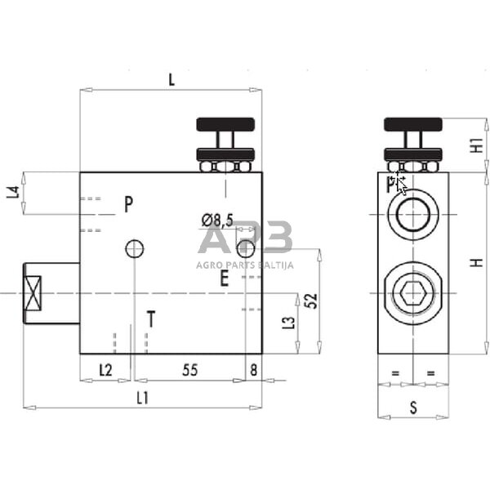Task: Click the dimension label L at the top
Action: (171, 79)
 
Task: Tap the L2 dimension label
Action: (105, 370)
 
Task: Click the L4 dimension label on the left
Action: (12, 193)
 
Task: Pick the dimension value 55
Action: (189, 370)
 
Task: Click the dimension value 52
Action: (310, 300)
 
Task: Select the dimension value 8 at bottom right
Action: (253, 370)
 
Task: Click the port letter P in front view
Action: (129, 204)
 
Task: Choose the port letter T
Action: (150, 319)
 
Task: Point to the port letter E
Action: (224, 279)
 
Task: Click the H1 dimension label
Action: (477, 145)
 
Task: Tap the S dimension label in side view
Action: (412, 405)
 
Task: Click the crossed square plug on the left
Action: (33, 292)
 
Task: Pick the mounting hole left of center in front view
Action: (135, 247)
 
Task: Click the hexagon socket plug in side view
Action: (412, 292)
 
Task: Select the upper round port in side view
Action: (412, 215)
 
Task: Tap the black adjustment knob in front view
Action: (225, 125)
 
